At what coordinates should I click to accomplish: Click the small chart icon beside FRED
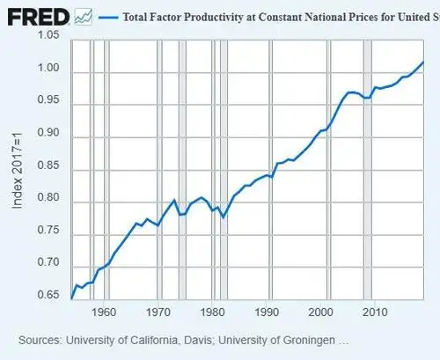click(x=84, y=16)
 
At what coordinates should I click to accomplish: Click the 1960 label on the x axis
click(x=104, y=312)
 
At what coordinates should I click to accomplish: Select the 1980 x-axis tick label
click(x=212, y=312)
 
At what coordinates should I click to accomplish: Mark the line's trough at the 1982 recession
click(x=223, y=217)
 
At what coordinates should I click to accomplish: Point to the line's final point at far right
click(x=423, y=62)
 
